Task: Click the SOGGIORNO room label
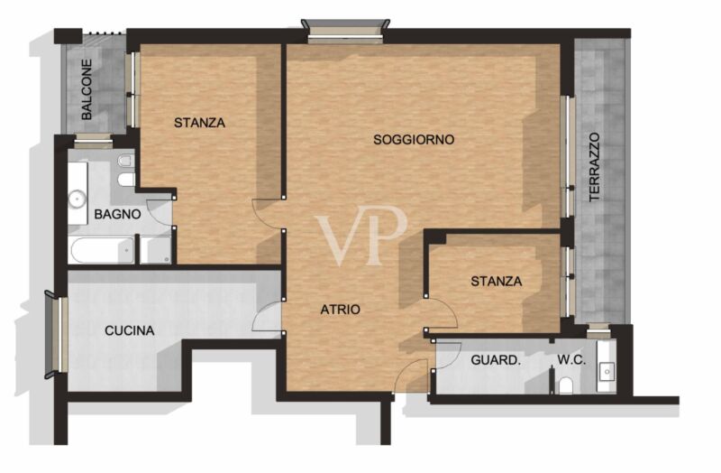click(414, 139)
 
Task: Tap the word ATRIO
click(341, 310)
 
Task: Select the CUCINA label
click(129, 330)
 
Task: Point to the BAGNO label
click(117, 214)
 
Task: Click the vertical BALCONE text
click(87, 89)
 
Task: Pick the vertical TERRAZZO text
click(595, 167)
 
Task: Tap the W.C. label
click(571, 359)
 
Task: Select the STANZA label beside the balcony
click(199, 123)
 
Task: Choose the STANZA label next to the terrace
click(497, 281)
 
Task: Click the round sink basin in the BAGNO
click(77, 199)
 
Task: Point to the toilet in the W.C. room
click(566, 386)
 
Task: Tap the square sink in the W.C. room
click(607, 370)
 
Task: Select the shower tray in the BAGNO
click(155, 250)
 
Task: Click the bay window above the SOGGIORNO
click(345, 31)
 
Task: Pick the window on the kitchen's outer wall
click(57, 334)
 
